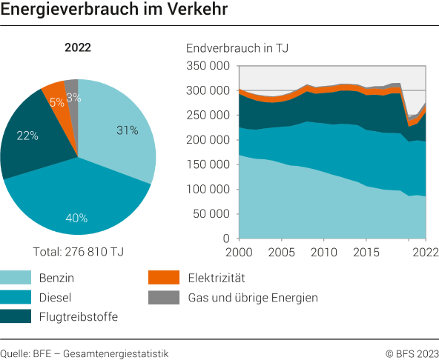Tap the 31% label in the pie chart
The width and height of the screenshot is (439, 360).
[x=127, y=130]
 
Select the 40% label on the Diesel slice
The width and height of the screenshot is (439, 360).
[x=77, y=218]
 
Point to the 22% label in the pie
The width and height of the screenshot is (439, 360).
[x=27, y=136]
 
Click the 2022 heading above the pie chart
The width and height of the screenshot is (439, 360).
[x=78, y=48]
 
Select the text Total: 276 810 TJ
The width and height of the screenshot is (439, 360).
[x=78, y=252]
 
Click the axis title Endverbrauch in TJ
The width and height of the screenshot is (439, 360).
[x=237, y=48]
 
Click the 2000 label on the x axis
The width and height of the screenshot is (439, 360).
[x=239, y=253]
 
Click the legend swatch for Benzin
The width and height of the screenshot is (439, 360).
[x=14, y=279]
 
